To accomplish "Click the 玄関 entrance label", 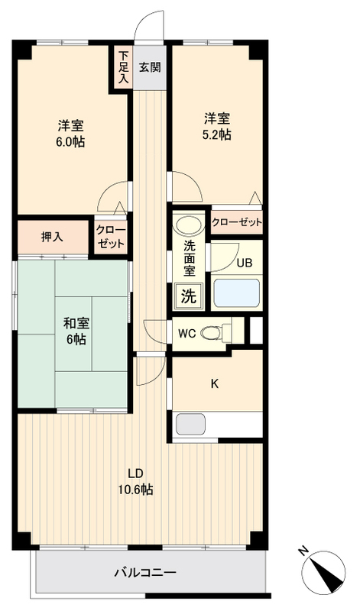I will pyautogui.click(x=150, y=66).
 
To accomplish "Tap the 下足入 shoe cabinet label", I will pyautogui.click(x=123, y=67).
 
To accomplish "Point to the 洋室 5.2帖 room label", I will pyautogui.click(x=217, y=126).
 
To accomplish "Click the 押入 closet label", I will pyautogui.click(x=52, y=236).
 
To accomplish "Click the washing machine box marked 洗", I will pyautogui.click(x=188, y=296).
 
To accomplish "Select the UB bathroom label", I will pyautogui.click(x=243, y=263).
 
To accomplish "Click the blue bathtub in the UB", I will pyautogui.click(x=238, y=293).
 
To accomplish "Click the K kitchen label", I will pyautogui.click(x=215, y=383).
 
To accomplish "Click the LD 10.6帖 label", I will pyautogui.click(x=138, y=480).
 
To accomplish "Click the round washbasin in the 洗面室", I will pyautogui.click(x=186, y=226).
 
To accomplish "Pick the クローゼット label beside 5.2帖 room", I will pyautogui.click(x=236, y=222).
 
